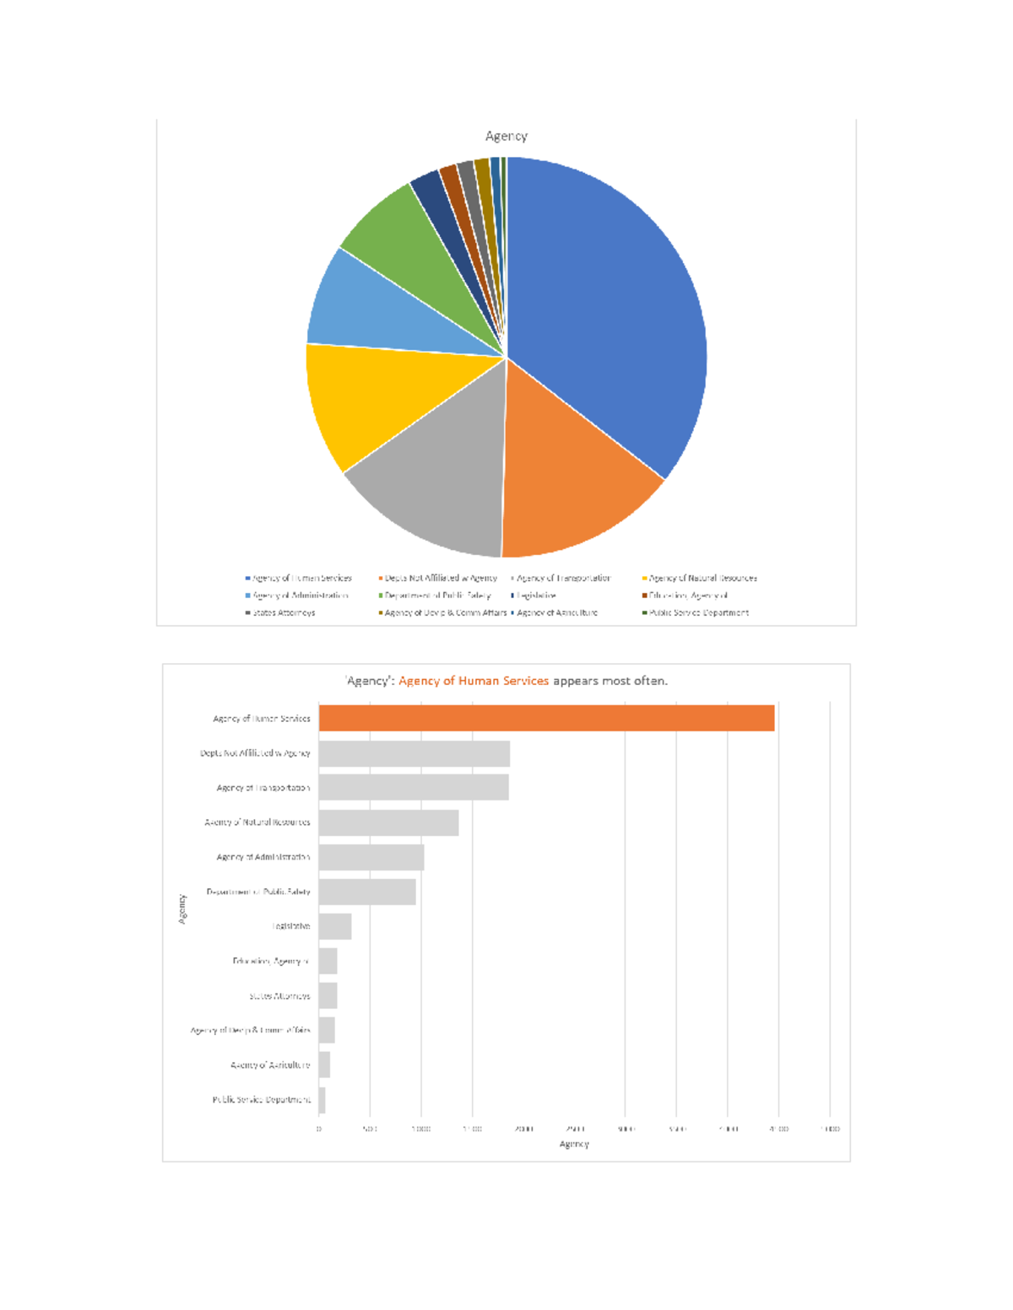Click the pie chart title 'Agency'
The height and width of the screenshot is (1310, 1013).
(x=506, y=136)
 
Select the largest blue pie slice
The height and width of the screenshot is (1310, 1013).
(x=608, y=312)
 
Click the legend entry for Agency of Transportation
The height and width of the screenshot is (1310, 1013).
(x=562, y=578)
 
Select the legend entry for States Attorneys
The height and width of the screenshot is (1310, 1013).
(x=284, y=612)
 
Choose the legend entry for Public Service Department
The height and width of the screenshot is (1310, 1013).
(x=698, y=612)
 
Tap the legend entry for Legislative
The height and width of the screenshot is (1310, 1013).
(x=536, y=596)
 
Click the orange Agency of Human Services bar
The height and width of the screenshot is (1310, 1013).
(x=546, y=718)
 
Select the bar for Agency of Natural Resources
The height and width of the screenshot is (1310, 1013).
(x=388, y=822)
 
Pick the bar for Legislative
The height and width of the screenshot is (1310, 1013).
(x=335, y=926)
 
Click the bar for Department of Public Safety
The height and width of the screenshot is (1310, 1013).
(x=367, y=892)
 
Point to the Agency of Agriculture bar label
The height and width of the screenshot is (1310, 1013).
(x=270, y=1065)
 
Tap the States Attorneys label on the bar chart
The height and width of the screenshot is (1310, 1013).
(x=279, y=996)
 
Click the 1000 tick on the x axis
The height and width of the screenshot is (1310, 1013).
(x=421, y=1129)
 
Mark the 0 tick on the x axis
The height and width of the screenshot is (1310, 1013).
(x=319, y=1129)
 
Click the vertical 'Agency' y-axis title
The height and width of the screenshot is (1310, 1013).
(x=181, y=908)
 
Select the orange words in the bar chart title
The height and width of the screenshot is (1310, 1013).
(x=474, y=681)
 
